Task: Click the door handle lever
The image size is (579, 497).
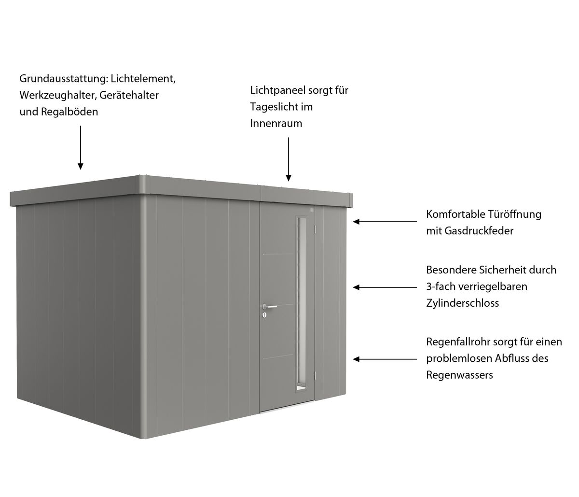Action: (270, 307)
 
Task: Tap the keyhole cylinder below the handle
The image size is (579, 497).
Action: (265, 315)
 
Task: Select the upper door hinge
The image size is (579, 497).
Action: (315, 228)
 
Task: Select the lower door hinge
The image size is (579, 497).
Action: (315, 376)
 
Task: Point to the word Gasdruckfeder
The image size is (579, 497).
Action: (479, 231)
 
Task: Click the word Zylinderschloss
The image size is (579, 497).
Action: (462, 303)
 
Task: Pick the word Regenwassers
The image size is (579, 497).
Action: (459, 375)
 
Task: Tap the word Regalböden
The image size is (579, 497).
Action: (69, 112)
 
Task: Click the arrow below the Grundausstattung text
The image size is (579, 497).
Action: (81, 147)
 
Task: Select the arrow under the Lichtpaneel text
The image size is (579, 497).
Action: (289, 159)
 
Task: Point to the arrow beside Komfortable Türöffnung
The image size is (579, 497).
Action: (385, 222)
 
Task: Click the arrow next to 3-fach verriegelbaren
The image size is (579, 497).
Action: (385, 287)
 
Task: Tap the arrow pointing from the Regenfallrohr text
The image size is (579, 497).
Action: (385, 359)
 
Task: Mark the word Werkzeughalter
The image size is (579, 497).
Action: (58, 95)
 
